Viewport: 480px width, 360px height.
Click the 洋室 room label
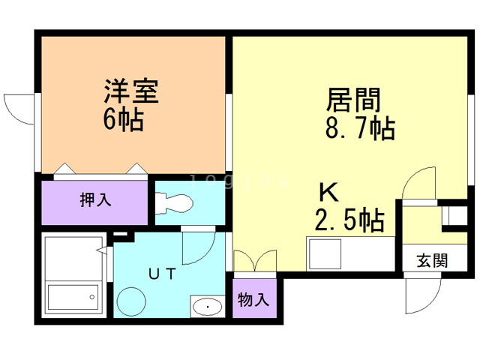point(130,94)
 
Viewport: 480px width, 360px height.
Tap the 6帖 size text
point(124,119)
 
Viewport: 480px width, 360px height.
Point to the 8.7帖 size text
point(360,128)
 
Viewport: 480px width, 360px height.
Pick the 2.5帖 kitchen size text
point(349,220)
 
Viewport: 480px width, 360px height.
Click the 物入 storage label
point(253,300)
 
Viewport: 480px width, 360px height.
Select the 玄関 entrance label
point(432,261)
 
